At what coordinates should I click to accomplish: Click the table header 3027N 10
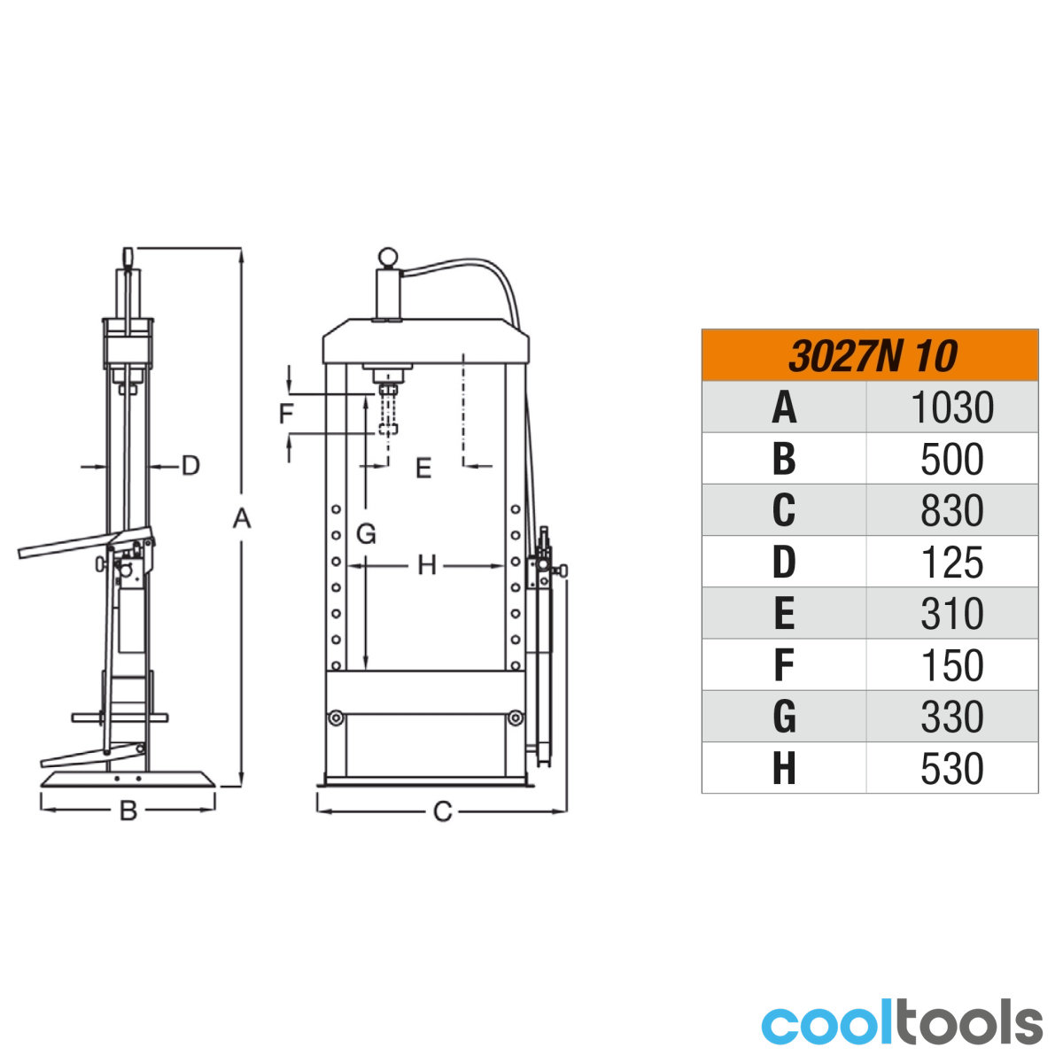tap(873, 356)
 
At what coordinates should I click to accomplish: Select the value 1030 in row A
tap(952, 407)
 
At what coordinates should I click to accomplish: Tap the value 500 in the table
tap(952, 459)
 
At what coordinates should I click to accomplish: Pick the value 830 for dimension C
tap(952, 510)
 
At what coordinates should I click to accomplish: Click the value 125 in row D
tap(952, 563)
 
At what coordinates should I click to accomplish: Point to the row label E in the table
tap(784, 613)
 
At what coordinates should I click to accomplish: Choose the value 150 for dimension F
tap(952, 665)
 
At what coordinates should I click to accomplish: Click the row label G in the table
tap(784, 717)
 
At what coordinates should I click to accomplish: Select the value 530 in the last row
tap(952, 768)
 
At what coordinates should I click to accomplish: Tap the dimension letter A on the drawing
tap(242, 518)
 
